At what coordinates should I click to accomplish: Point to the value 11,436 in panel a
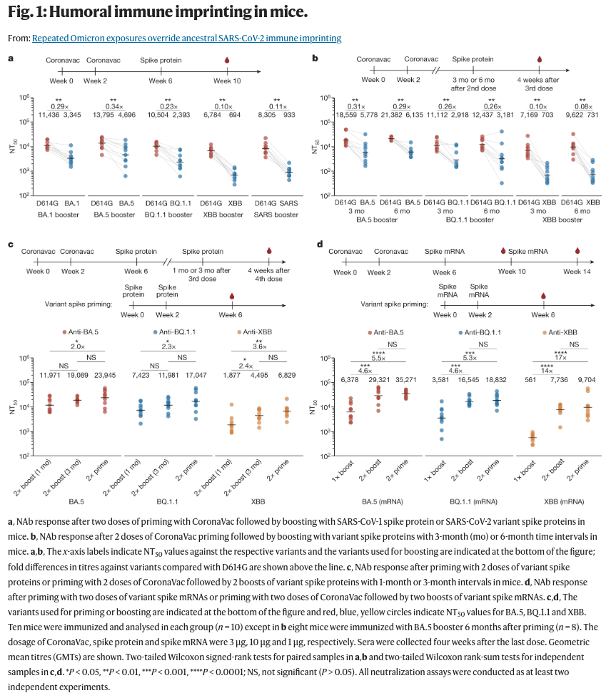pyautogui.click(x=49, y=114)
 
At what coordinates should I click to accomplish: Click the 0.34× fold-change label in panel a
pyautogui.click(x=113, y=106)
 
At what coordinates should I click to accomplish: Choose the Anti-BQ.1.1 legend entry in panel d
pyautogui.click(x=490, y=332)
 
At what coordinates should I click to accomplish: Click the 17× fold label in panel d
pyautogui.click(x=561, y=357)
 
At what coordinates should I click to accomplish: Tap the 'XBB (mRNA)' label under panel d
pyautogui.click(x=562, y=491)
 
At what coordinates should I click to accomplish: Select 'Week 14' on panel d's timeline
pyautogui.click(x=577, y=272)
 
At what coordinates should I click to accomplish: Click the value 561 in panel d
pyautogui.click(x=530, y=379)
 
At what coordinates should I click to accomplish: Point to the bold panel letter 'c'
pyautogui.click(x=10, y=245)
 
